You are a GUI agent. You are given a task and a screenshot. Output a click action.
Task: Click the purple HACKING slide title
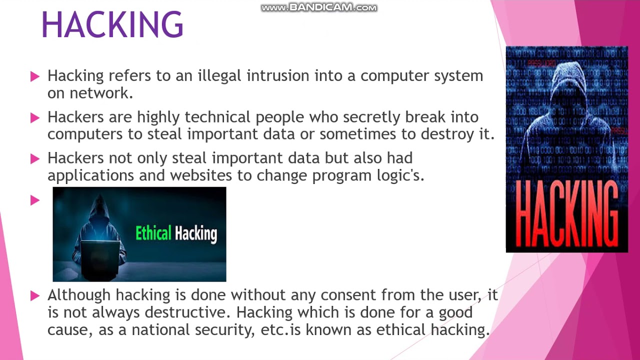(112, 24)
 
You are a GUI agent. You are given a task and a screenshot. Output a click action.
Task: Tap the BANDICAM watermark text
(319, 7)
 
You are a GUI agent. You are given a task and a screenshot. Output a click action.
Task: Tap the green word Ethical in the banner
(153, 233)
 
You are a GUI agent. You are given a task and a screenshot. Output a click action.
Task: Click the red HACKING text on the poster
(566, 213)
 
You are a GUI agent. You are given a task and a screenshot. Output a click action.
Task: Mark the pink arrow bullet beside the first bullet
(35, 76)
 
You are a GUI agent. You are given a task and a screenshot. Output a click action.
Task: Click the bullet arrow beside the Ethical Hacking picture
(35, 200)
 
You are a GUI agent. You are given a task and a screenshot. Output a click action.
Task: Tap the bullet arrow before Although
(35, 295)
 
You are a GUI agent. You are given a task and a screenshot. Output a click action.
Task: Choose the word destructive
(187, 312)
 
